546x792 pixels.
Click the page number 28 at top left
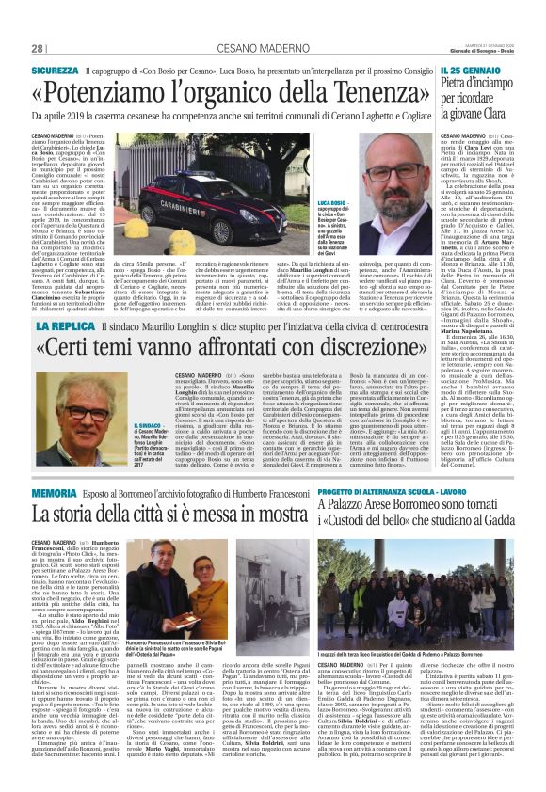[38, 49]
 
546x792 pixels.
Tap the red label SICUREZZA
[55, 71]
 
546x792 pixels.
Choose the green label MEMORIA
[53, 493]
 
